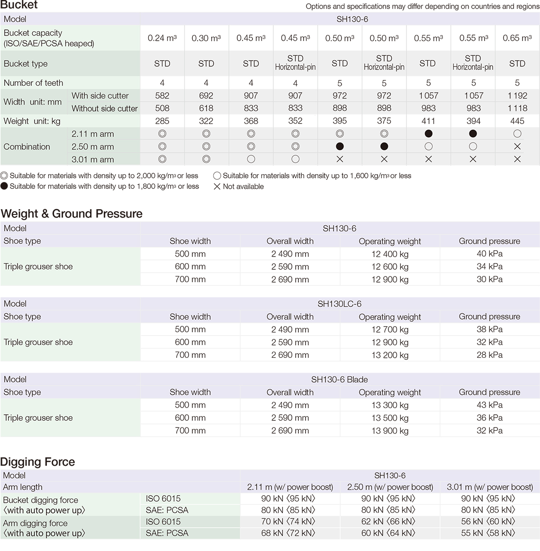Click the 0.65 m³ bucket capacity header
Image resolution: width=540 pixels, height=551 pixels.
point(517,38)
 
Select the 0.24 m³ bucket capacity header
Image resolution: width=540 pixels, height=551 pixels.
point(162,38)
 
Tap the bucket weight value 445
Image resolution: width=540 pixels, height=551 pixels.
point(517,121)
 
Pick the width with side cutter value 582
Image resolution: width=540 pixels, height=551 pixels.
point(162,96)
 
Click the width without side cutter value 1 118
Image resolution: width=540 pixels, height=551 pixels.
point(517,108)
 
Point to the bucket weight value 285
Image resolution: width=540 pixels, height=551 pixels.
point(162,121)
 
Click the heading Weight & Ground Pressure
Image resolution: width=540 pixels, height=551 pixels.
point(72,214)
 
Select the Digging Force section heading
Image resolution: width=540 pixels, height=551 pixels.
point(38,462)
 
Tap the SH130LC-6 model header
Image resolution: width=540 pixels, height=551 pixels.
point(339,304)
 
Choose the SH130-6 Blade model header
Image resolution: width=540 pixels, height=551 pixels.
point(339,380)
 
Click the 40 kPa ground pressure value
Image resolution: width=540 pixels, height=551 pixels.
point(489,254)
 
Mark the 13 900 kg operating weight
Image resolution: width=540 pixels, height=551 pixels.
point(390,431)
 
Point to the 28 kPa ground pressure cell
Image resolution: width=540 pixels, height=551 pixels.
point(489,355)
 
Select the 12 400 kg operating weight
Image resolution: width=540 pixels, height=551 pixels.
point(390,254)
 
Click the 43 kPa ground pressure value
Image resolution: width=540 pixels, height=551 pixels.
point(489,405)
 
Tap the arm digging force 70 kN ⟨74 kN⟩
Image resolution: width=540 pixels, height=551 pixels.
point(290,522)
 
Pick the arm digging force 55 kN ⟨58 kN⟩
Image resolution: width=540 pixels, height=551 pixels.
point(489,533)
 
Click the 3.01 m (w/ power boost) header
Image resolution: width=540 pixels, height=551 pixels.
point(489,487)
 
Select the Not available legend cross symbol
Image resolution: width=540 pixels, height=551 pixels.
point(217,187)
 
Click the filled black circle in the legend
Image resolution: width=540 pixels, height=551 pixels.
point(4,187)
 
